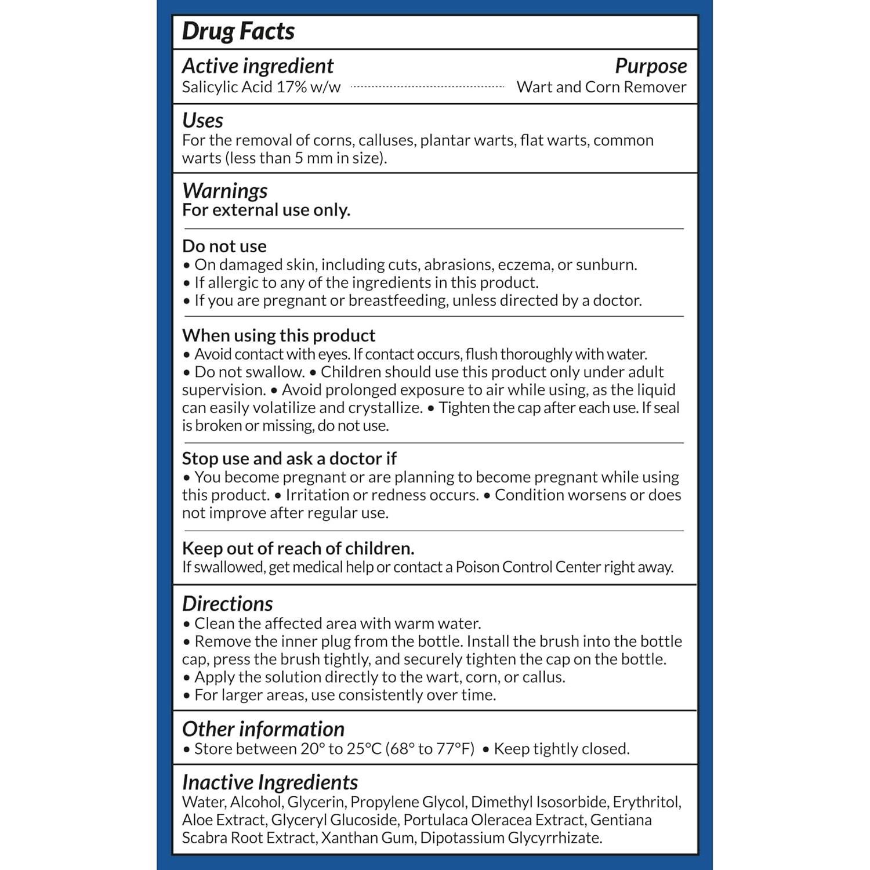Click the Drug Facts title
point(238,31)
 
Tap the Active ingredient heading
point(258,66)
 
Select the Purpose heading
point(651,66)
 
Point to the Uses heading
point(202,121)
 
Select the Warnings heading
point(224,191)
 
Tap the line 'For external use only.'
point(266,210)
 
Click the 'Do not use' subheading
point(224,246)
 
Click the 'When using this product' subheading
point(278,335)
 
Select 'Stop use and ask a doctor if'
point(289,458)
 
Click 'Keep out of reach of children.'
point(298,548)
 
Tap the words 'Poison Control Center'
point(528,567)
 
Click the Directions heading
point(227,604)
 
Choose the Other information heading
point(263,729)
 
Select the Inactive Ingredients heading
point(270,782)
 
